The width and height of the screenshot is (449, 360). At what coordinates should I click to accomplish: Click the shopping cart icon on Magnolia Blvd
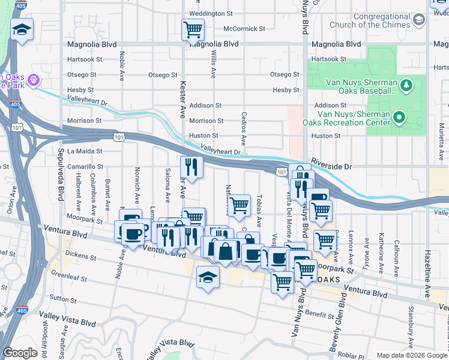pos(193,29)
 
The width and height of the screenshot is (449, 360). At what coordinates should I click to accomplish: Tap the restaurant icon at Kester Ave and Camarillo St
pos(191,167)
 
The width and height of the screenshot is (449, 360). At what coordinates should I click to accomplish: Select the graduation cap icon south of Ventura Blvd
pos(208,277)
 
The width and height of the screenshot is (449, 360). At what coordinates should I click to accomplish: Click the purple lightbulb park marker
pos(33,79)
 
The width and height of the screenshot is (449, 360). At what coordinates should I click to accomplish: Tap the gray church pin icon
pos(419,20)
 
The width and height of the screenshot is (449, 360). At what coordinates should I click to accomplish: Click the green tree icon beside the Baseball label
pos(406,85)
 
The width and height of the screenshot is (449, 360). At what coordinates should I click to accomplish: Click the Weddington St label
pos(211,13)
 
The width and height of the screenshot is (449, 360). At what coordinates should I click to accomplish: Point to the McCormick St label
pos(244,29)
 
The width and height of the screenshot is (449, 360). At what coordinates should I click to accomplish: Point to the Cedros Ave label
pos(244,128)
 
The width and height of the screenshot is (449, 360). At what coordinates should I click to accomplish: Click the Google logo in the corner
pos(20,353)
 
